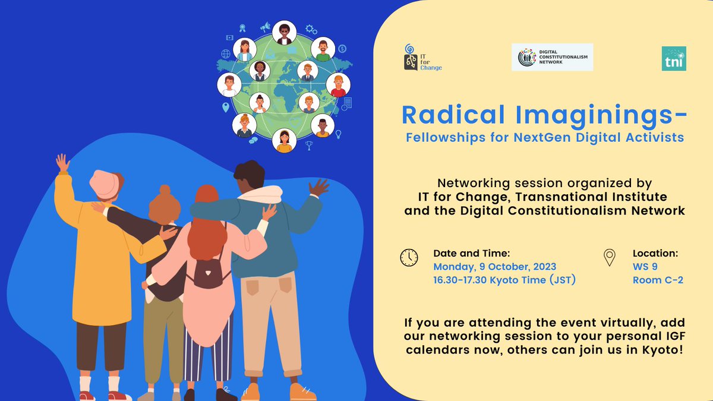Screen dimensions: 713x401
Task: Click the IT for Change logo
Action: [422, 58]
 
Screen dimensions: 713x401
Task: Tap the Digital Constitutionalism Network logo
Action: [552, 57]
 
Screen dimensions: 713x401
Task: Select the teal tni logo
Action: [674, 59]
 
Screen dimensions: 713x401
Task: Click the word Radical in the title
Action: [453, 115]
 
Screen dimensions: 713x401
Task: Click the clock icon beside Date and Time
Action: [409, 257]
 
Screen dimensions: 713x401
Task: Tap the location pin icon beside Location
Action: [609, 257]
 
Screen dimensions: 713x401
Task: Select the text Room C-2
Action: [658, 280]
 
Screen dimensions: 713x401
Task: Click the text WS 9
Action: [645, 266]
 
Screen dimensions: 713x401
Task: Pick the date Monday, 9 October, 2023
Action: [494, 267]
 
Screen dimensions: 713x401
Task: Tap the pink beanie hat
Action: [105, 185]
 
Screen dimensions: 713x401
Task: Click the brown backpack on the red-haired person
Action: [208, 270]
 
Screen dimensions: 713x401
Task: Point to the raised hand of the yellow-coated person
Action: [63, 163]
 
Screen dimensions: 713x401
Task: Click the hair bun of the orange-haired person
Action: [165, 190]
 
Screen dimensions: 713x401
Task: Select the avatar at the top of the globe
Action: [284, 33]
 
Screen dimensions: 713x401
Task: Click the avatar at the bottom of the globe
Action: [284, 140]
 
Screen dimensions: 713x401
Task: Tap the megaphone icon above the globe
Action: [265, 27]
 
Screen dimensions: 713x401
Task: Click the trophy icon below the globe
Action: [309, 146]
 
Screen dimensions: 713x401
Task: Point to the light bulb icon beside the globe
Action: [338, 134]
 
